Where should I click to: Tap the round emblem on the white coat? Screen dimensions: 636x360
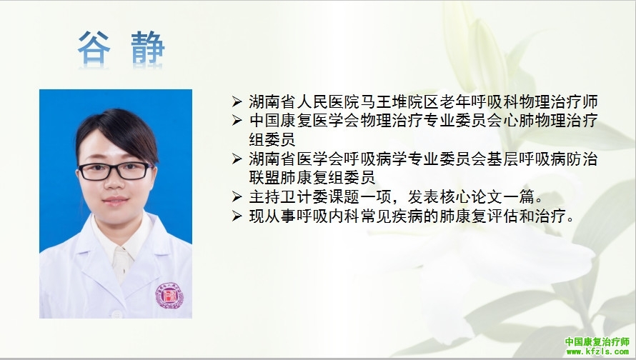(169, 296)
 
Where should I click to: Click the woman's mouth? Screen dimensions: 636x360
(116, 200)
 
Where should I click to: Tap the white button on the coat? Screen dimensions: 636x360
(116, 314)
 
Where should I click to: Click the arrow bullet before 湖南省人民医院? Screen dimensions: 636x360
(237, 101)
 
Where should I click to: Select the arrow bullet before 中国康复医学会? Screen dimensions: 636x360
(237, 121)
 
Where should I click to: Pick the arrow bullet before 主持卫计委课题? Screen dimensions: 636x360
(237, 197)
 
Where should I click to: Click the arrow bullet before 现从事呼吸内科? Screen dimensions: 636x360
(237, 216)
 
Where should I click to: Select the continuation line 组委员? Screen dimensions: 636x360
(272, 139)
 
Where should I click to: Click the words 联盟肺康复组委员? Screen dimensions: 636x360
(312, 178)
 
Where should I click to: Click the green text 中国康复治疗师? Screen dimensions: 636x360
(597, 341)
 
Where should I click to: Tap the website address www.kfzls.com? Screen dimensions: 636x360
(598, 351)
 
